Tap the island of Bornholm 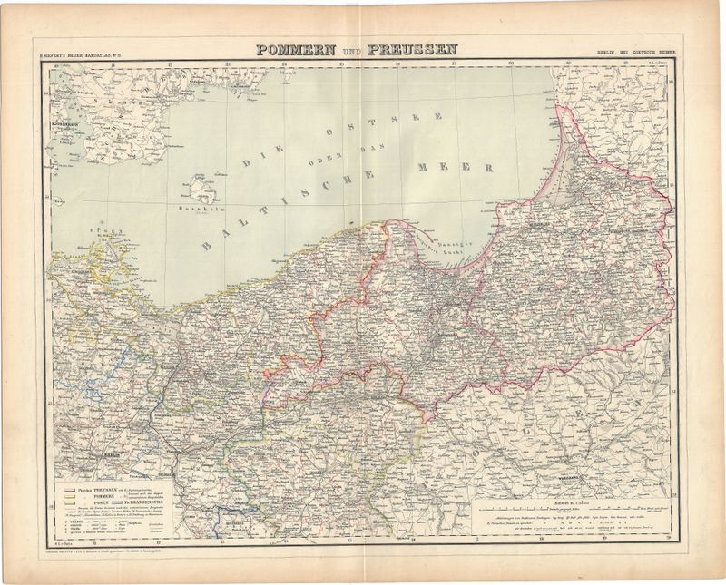coord(201,190)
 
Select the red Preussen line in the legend coord(70,489)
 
